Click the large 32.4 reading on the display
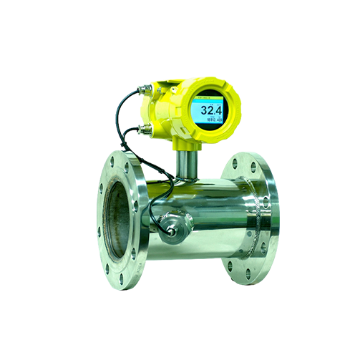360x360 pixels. (210, 111)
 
